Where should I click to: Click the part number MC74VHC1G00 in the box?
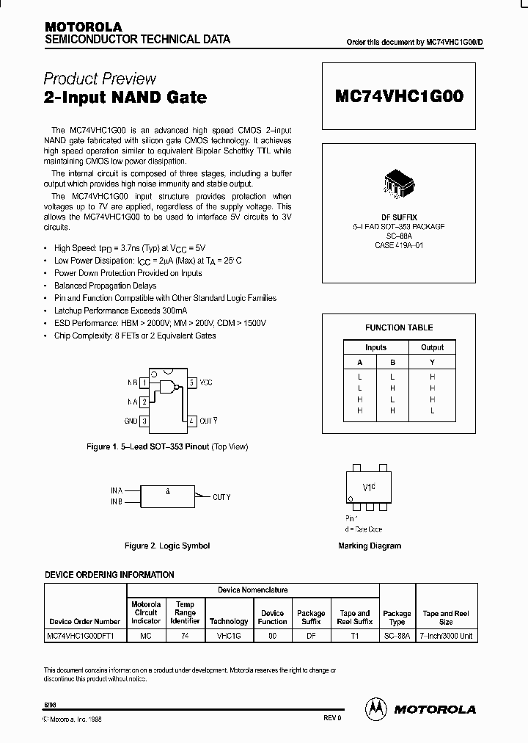click(399, 96)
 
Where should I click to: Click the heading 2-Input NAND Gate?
click(125, 97)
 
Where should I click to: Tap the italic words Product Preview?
click(100, 79)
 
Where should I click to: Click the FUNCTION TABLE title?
click(399, 327)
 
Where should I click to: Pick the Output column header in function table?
click(432, 347)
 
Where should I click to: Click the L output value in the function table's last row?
click(432, 411)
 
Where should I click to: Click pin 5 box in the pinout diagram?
click(191, 383)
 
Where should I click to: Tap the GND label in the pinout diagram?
click(131, 421)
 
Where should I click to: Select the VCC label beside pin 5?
click(206, 383)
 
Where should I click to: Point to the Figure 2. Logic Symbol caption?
click(167, 546)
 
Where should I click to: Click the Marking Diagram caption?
click(370, 546)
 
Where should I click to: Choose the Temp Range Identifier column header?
click(186, 613)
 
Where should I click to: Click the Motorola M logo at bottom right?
click(375, 708)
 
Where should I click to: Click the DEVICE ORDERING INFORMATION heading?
click(109, 575)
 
